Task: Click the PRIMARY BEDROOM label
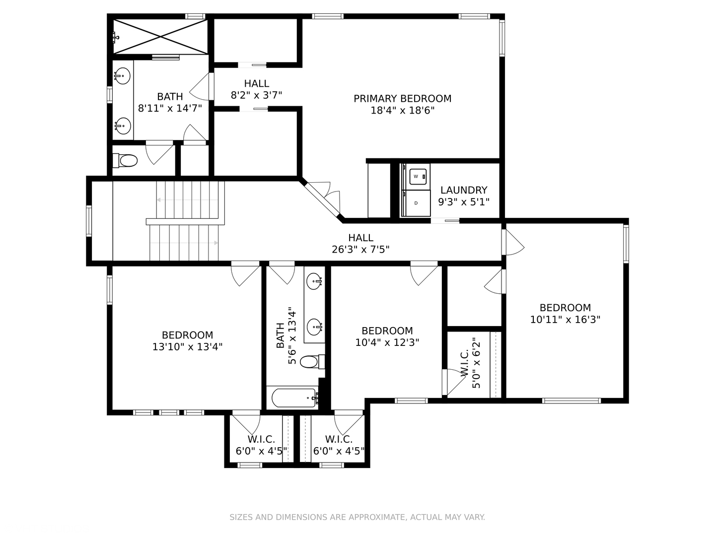(402, 98)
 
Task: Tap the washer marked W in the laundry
(416, 177)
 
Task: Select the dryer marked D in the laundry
(416, 203)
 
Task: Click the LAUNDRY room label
(464, 190)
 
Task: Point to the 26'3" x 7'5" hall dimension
(360, 250)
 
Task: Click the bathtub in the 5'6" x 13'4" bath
(294, 398)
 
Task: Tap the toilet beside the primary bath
(125, 160)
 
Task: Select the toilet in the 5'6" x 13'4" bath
(312, 362)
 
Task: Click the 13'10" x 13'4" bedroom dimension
(187, 347)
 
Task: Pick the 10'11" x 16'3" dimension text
(565, 320)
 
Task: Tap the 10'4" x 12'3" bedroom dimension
(387, 342)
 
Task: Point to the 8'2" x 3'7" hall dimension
(256, 95)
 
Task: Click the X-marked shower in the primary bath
(160, 36)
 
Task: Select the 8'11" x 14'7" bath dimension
(170, 108)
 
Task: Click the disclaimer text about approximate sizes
(357, 517)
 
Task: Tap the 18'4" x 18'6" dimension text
(402, 111)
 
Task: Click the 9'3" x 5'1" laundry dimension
(464, 202)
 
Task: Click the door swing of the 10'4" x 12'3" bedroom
(424, 273)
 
